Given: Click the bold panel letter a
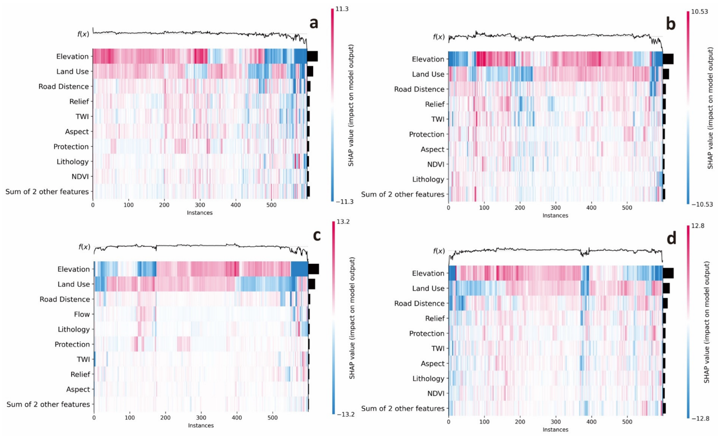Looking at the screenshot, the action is click(314, 23).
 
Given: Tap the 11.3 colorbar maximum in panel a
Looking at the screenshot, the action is click(342, 9).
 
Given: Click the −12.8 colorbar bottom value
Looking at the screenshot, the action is click(699, 418).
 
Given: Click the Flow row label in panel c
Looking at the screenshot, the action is click(82, 314).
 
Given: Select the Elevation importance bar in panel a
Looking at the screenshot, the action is click(312, 56).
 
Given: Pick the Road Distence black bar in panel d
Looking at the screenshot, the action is click(665, 303).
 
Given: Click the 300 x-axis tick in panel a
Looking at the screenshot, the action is click(200, 205).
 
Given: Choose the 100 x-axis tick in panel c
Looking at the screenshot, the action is click(130, 418).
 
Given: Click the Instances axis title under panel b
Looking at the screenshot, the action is click(555, 216).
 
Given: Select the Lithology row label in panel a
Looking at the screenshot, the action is click(73, 162).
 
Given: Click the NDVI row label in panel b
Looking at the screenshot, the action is click(436, 164).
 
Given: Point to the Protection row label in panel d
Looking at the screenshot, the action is click(427, 333).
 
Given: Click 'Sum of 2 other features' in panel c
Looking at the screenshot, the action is click(48, 404).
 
